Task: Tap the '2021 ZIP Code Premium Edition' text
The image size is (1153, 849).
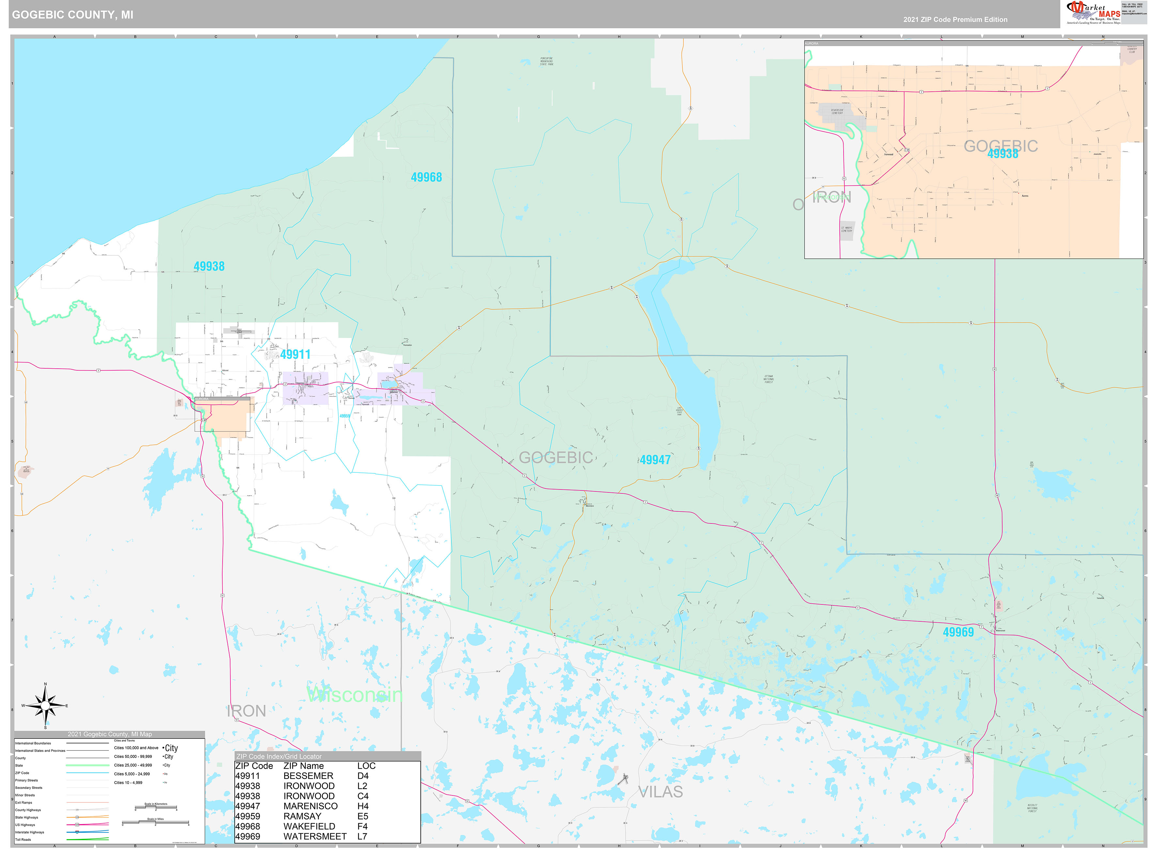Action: [955, 20]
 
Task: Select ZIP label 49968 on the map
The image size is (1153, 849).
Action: [426, 177]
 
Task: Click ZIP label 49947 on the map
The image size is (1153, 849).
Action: [655, 460]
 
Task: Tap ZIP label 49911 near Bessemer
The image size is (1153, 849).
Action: [295, 354]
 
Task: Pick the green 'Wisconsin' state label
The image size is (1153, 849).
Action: [354, 695]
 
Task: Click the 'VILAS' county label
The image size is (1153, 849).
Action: [661, 792]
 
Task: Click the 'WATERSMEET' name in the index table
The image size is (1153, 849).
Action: [315, 836]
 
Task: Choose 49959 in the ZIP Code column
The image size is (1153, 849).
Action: [248, 816]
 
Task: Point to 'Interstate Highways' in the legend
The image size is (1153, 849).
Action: [29, 832]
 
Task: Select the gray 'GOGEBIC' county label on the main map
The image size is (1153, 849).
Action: [556, 457]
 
